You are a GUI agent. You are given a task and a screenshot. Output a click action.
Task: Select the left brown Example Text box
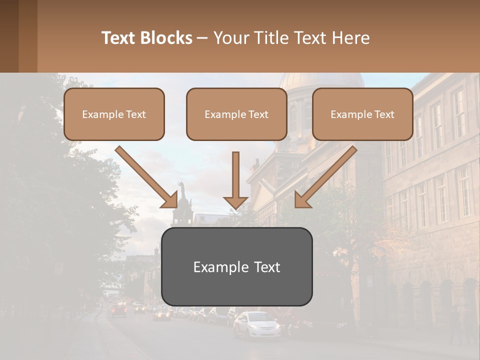(x=114, y=114)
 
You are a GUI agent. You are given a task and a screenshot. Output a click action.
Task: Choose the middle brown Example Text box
(x=236, y=114)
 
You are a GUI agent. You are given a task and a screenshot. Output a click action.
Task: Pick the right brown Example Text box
(x=362, y=114)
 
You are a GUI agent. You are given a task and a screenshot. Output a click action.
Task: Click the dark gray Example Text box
(x=236, y=266)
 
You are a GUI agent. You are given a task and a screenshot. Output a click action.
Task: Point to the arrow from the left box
(x=147, y=177)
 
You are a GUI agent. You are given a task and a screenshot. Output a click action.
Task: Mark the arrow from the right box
(x=325, y=177)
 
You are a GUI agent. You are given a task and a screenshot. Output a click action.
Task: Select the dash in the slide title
(x=202, y=38)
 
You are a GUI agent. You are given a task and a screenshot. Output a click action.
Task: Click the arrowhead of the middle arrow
(x=235, y=202)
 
